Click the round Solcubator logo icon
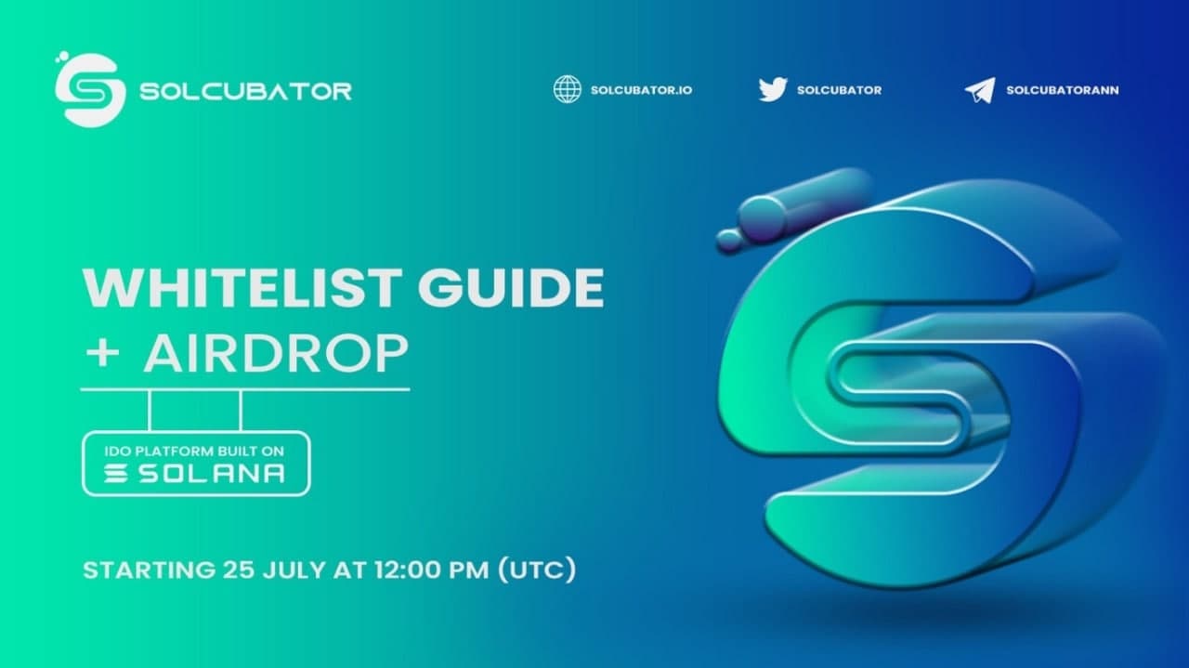click(x=90, y=90)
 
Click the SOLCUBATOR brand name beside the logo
click(x=245, y=91)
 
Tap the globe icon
click(x=568, y=89)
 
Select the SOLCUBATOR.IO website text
click(x=641, y=90)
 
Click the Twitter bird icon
click(x=773, y=89)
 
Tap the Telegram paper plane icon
click(x=980, y=90)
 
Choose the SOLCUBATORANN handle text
click(x=1063, y=90)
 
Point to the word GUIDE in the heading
click(x=511, y=287)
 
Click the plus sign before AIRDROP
click(x=102, y=354)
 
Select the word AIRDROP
click(x=276, y=354)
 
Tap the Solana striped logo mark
click(x=115, y=473)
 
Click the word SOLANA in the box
click(x=212, y=474)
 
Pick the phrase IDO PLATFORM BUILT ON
click(x=194, y=452)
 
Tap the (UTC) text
click(x=537, y=570)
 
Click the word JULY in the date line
click(x=294, y=570)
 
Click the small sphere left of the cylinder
click(x=730, y=241)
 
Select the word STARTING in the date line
click(x=150, y=570)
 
